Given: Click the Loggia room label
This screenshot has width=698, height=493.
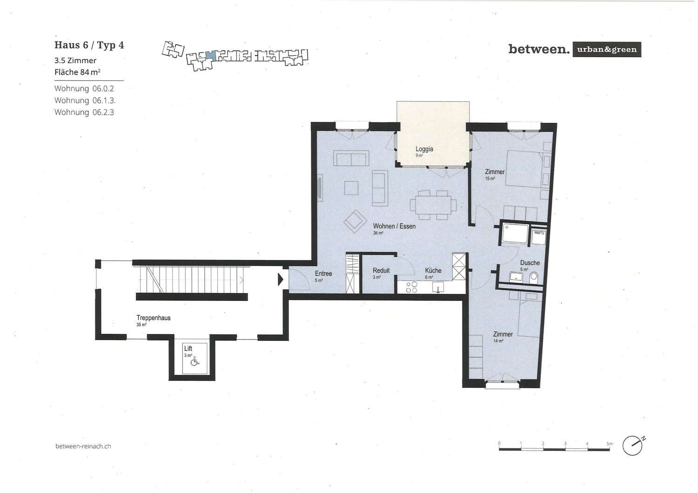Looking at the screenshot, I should click(424, 149).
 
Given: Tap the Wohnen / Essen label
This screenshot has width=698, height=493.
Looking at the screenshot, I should click(394, 226).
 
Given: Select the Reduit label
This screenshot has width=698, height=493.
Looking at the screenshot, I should click(381, 270).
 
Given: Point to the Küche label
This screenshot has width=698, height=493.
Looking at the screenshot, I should click(433, 270).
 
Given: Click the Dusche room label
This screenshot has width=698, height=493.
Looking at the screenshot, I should click(530, 263).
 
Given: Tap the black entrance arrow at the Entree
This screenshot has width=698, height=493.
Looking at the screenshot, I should click(281, 279).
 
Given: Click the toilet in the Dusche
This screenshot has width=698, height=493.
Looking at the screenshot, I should click(534, 278).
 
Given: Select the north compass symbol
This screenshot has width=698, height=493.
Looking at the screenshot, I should click(634, 445).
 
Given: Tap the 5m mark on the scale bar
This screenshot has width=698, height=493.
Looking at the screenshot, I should click(609, 444).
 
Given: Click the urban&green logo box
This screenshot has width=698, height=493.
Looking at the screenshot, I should click(606, 49).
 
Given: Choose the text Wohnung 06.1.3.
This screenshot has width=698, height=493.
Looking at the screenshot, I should click(84, 100).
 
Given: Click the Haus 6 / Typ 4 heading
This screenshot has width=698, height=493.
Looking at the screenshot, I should click(89, 45).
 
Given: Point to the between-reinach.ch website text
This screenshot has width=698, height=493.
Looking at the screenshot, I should click(83, 446).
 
